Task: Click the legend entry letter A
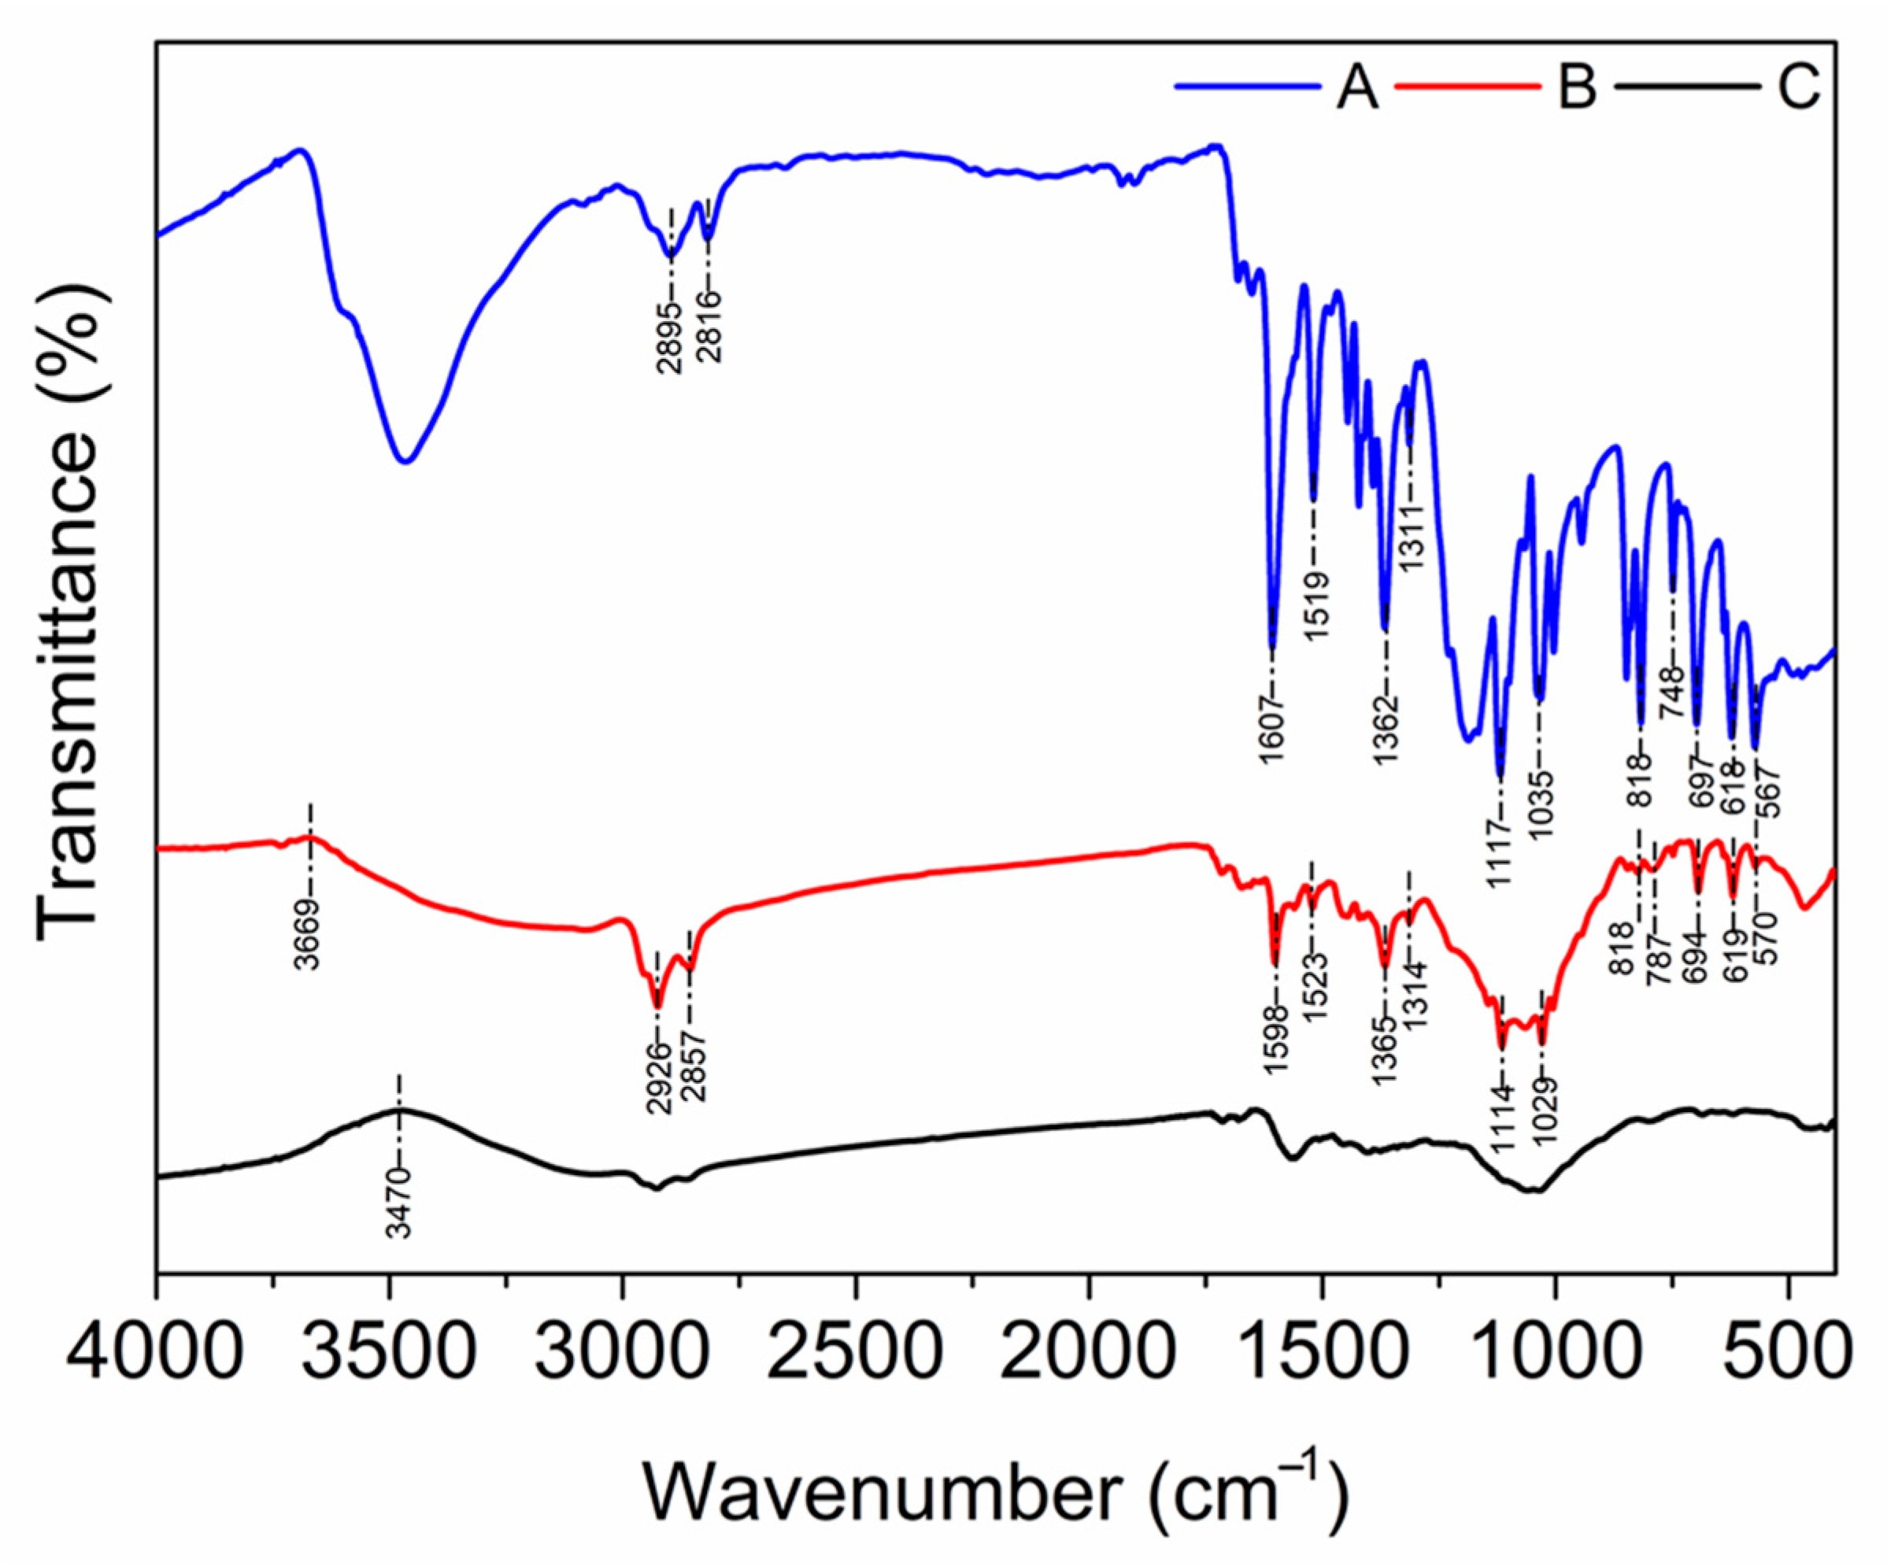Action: [x=1356, y=88]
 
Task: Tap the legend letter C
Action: [x=1799, y=88]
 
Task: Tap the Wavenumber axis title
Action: [x=996, y=1491]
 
